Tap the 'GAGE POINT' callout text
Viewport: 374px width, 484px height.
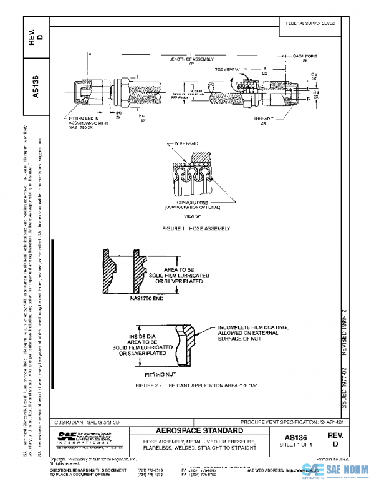point(305,56)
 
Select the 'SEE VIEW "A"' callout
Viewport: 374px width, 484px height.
point(228,69)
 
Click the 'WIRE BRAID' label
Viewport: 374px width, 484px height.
point(185,143)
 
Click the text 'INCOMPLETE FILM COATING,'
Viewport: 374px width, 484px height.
point(252,327)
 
